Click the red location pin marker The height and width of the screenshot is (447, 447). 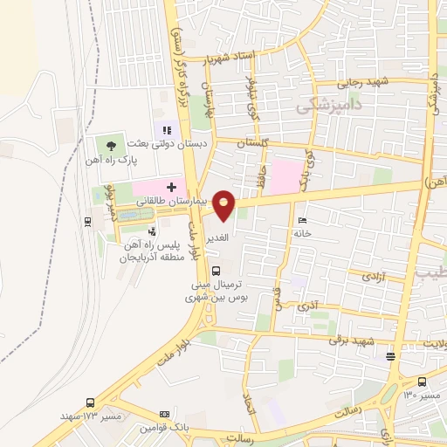coord(224,206)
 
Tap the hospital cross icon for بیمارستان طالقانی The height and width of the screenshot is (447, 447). coord(171,187)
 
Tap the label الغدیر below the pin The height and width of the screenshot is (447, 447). coord(217,237)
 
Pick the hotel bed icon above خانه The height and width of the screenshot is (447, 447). coord(302,220)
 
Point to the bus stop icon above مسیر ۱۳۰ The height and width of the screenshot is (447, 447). coord(423,382)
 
